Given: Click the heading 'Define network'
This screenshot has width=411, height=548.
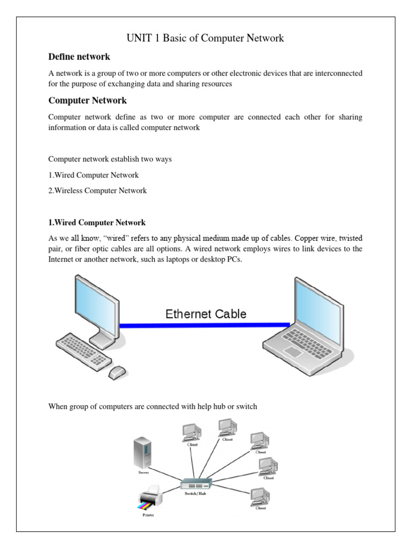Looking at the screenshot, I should [x=79, y=57].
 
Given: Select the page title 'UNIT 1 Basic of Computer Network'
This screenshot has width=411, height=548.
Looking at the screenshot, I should [x=205, y=38].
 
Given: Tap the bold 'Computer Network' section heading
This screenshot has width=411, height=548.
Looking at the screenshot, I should [x=87, y=101].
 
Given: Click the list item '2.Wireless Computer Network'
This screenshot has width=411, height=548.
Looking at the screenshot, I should [x=97, y=191].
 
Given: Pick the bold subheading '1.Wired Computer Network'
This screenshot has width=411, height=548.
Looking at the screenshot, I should [x=97, y=223].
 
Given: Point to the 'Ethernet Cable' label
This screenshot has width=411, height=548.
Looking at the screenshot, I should [x=205, y=314].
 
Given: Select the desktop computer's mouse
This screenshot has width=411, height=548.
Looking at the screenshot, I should [x=117, y=371].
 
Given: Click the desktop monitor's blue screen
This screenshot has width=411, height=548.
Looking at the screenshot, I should [x=96, y=308].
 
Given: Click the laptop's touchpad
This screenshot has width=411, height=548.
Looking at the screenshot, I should [x=293, y=352].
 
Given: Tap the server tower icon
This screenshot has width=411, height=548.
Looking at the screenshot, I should [x=142, y=453].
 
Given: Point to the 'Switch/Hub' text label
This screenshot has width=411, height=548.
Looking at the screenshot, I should [x=195, y=494].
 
